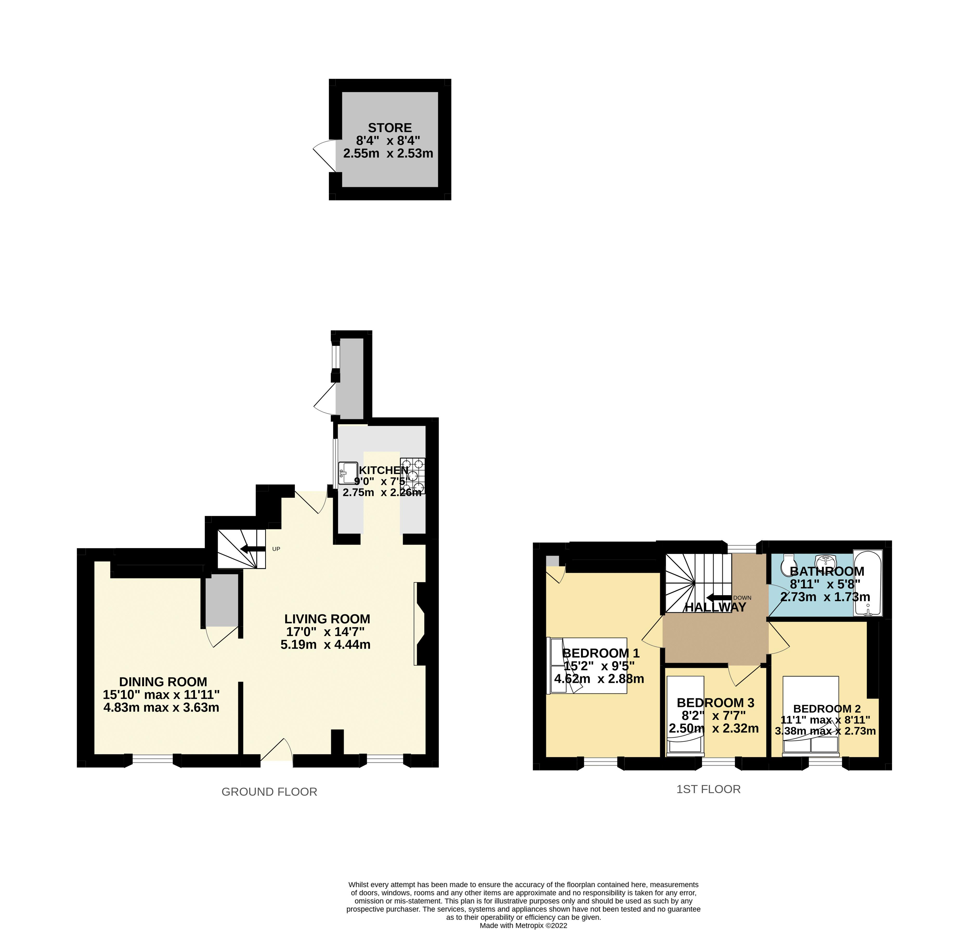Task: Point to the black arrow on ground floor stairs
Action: (x=253, y=548)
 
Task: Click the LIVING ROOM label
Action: (x=327, y=619)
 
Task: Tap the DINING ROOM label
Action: (x=163, y=682)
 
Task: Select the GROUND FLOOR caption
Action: (x=269, y=792)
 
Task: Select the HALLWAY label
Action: (x=715, y=607)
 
